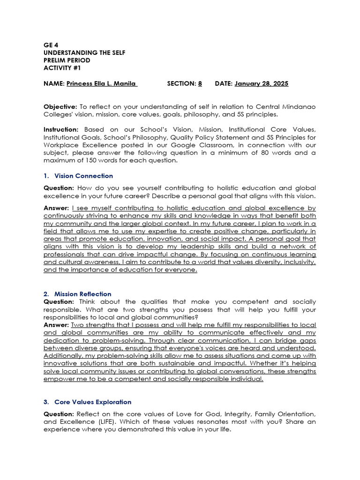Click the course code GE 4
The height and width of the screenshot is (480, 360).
tap(51, 45)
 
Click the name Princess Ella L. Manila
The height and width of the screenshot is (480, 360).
tap(102, 83)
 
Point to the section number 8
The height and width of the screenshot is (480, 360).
tap(200, 83)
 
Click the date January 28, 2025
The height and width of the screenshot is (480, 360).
tap(262, 83)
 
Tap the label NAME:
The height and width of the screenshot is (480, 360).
tap(54, 83)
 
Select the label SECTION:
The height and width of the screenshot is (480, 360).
tap(181, 83)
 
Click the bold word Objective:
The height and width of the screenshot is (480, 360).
tap(60, 106)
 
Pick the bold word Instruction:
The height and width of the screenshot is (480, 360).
tap(61, 129)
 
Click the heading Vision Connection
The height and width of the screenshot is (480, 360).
tap(83, 176)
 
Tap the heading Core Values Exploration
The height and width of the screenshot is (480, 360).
tap(93, 402)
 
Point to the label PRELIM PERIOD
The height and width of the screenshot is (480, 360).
tap(67, 60)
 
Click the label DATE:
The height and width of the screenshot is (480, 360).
tap(224, 83)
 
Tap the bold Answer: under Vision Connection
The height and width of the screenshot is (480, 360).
tap(57, 208)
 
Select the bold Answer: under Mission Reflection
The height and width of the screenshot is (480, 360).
tap(57, 325)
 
